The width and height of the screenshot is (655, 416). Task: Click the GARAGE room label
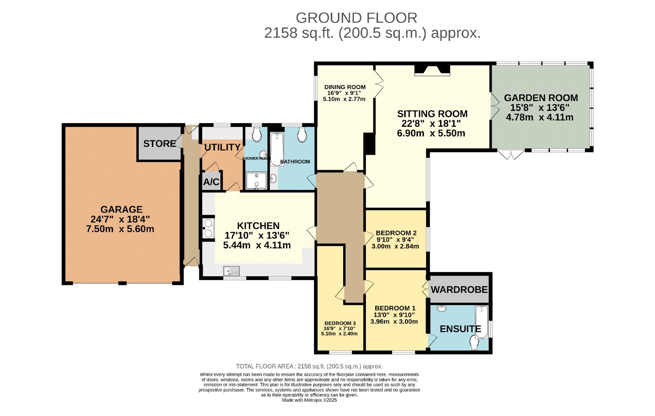point(121,209)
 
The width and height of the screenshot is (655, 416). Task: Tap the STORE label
point(159,144)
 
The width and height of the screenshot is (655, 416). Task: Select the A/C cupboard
point(211,182)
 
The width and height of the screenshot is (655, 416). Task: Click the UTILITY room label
point(222,147)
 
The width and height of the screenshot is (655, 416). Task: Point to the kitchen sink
point(231,271)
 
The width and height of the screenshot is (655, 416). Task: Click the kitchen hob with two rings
point(208,228)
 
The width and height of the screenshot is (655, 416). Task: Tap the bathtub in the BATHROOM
point(277,149)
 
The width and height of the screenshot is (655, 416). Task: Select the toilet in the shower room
point(257,134)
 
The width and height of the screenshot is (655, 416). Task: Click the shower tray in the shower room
point(256,181)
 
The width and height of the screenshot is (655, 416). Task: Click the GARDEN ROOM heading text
point(541,98)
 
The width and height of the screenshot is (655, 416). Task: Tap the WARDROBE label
point(459,290)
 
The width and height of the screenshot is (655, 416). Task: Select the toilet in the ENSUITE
point(474,343)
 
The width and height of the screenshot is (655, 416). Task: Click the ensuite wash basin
point(442,308)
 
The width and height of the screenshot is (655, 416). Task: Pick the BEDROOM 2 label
point(396,233)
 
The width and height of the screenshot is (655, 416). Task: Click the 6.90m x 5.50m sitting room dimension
point(431,133)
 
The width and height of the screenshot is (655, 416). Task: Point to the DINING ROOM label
point(345,87)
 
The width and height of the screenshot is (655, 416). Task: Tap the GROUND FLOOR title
point(357,18)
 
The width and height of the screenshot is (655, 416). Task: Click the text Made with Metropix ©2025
point(309,400)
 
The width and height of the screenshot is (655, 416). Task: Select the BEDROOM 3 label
point(340,323)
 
